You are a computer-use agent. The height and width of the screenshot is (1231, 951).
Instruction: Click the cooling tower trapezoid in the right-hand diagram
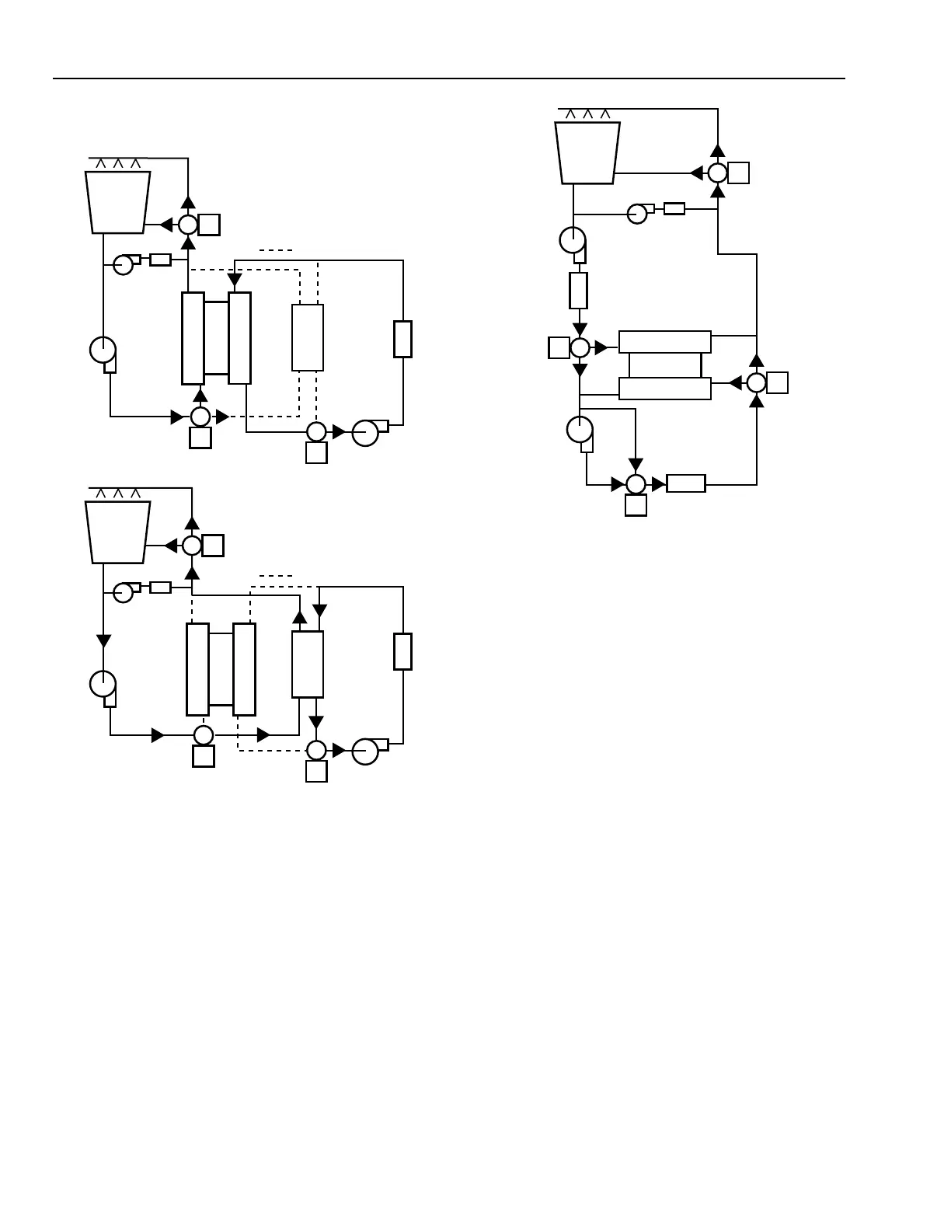pyautogui.click(x=587, y=152)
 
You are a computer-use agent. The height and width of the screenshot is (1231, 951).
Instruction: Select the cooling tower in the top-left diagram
pyautogui.click(x=117, y=202)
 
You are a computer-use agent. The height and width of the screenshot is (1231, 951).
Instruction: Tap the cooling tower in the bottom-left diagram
pyautogui.click(x=117, y=532)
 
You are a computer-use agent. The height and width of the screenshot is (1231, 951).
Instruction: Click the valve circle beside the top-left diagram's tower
pyautogui.click(x=188, y=225)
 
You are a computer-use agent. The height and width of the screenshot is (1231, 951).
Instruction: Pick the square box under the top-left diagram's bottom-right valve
pyautogui.click(x=316, y=452)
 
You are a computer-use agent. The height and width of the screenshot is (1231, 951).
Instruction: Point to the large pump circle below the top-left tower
pyautogui.click(x=103, y=350)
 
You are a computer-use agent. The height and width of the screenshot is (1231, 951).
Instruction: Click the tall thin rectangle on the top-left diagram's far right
pyautogui.click(x=402, y=339)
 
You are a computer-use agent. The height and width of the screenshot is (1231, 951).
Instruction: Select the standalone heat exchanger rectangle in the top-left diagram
pyautogui.click(x=308, y=337)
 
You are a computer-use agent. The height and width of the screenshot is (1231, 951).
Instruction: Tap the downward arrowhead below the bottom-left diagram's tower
pyautogui.click(x=103, y=641)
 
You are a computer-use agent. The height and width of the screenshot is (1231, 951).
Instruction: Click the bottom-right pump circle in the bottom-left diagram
pyautogui.click(x=365, y=752)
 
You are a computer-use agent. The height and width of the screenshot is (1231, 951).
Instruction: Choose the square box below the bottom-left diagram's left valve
pyautogui.click(x=204, y=756)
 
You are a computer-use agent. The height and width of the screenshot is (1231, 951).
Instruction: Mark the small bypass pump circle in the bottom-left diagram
pyautogui.click(x=123, y=593)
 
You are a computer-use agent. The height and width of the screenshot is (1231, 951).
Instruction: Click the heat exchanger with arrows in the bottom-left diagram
pyautogui.click(x=308, y=664)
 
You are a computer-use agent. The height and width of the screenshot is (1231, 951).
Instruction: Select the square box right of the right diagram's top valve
pyautogui.click(x=739, y=173)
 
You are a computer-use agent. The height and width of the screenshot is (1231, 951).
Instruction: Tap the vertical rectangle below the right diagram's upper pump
pyautogui.click(x=578, y=291)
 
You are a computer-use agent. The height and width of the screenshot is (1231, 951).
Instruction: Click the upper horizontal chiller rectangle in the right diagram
pyautogui.click(x=665, y=342)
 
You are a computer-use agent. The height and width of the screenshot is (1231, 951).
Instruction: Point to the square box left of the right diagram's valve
pyautogui.click(x=559, y=347)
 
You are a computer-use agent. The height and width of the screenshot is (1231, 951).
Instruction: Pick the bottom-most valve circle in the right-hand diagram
pyautogui.click(x=636, y=484)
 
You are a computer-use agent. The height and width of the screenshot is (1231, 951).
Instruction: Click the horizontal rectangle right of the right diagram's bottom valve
pyautogui.click(x=686, y=483)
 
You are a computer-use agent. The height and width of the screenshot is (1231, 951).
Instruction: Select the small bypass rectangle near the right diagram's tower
pyautogui.click(x=674, y=208)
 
